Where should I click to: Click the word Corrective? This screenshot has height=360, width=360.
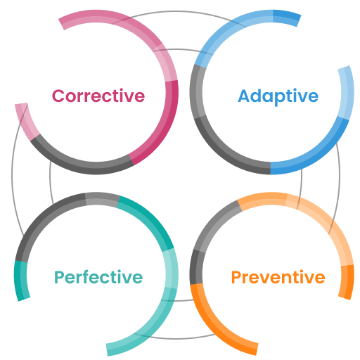pos(98,96)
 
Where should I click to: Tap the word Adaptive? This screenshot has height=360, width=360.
pos(278,96)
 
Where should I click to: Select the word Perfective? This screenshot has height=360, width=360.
pos(98,277)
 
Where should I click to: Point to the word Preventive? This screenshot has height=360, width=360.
pos(278,277)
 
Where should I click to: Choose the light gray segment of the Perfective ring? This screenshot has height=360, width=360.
pos(103,199)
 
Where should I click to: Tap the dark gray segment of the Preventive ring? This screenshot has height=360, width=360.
pos(196,267)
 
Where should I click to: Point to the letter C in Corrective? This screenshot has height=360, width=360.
pos(58,96)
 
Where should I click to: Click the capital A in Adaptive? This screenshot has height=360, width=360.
pos(245,96)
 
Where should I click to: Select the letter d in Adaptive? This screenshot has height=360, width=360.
pos(258,96)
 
